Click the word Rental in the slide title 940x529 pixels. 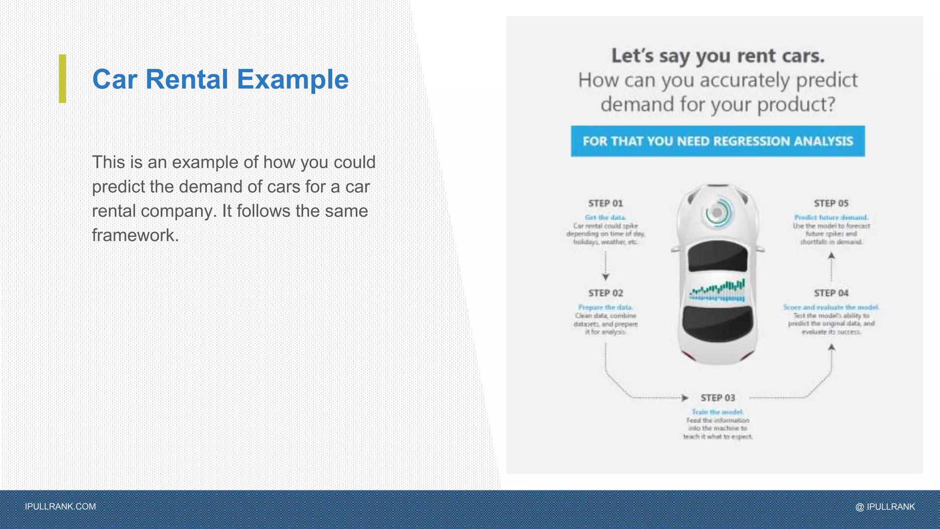pyautogui.click(x=186, y=79)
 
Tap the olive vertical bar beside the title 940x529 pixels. pyautogui.click(x=62, y=79)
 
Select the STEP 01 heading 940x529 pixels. pyautogui.click(x=605, y=203)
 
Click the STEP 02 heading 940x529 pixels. pyautogui.click(x=605, y=293)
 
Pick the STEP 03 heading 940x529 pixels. pyautogui.click(x=717, y=398)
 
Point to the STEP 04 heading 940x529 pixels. pyautogui.click(x=831, y=293)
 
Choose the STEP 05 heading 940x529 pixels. pyautogui.click(x=831, y=203)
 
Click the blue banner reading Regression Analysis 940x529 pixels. pyautogui.click(x=717, y=141)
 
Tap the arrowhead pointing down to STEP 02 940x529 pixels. pyautogui.click(x=605, y=277)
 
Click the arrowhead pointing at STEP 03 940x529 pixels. pyautogui.click(x=685, y=398)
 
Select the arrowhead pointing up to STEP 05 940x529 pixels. pyautogui.click(x=831, y=256)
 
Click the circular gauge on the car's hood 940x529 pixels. pyautogui.click(x=716, y=213)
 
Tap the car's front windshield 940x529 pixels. pyautogui.click(x=717, y=256)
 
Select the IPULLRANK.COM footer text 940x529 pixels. pyautogui.click(x=60, y=506)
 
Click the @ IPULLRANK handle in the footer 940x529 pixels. pyautogui.click(x=885, y=506)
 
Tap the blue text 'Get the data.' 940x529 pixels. pyautogui.click(x=605, y=217)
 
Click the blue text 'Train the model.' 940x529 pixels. pyautogui.click(x=717, y=412)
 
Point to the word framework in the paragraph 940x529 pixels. pyautogui.click(x=134, y=235)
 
